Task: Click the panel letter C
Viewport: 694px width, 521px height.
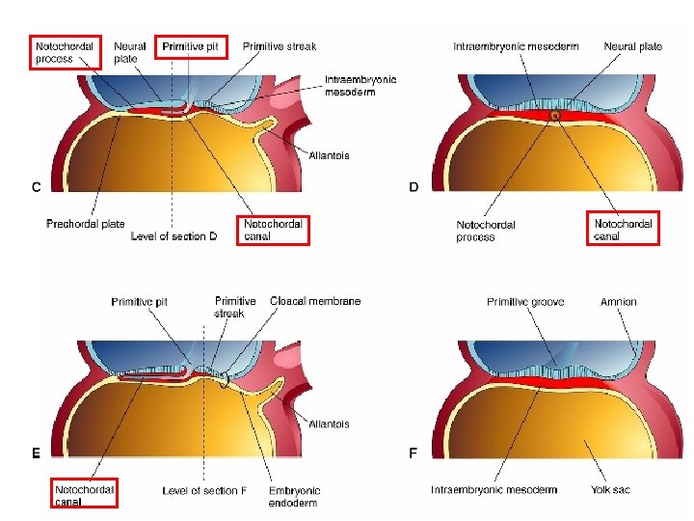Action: (x=36, y=187)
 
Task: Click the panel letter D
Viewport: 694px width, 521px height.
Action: (x=414, y=187)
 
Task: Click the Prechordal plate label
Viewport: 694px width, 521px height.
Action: (x=86, y=224)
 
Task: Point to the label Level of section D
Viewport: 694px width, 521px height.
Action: (x=182, y=236)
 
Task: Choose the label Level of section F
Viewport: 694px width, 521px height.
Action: (x=204, y=490)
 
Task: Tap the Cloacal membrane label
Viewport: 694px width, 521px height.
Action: (x=316, y=301)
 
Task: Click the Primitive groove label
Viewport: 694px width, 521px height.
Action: (x=525, y=302)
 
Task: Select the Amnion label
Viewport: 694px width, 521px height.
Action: (x=618, y=302)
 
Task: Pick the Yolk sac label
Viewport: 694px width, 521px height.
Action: (x=610, y=490)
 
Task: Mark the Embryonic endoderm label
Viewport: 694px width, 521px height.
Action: (x=295, y=497)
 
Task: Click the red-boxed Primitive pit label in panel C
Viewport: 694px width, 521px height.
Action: (x=191, y=46)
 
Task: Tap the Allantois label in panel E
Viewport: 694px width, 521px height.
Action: (x=329, y=425)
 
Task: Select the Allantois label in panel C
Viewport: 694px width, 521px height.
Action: (x=329, y=155)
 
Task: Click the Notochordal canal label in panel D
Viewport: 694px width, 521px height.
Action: (x=623, y=229)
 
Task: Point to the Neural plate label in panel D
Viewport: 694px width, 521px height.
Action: (x=632, y=46)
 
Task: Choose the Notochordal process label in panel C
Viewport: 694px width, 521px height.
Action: (x=67, y=52)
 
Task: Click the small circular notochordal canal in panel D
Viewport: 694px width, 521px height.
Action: (x=554, y=116)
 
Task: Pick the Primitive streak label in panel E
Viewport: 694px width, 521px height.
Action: (x=234, y=307)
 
